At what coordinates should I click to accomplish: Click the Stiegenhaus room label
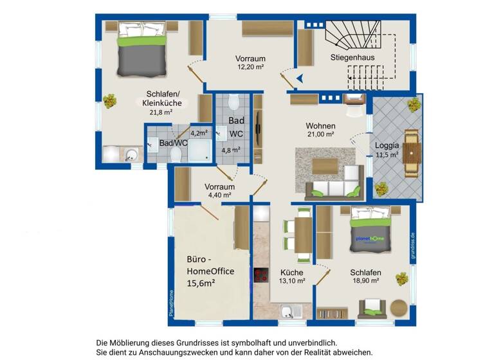[353, 57]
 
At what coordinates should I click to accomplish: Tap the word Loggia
[387, 145]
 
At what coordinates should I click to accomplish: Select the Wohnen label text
[320, 125]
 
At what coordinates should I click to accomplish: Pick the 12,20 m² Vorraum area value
[251, 67]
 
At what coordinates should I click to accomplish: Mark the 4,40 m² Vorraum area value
[217, 195]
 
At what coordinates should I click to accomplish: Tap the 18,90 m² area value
[365, 281]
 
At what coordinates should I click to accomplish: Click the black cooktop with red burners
[262, 275]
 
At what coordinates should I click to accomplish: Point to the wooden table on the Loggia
[412, 154]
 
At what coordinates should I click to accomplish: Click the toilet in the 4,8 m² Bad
[233, 103]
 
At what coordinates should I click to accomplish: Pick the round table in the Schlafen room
[399, 307]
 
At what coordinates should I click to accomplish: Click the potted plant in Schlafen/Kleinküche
[111, 101]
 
